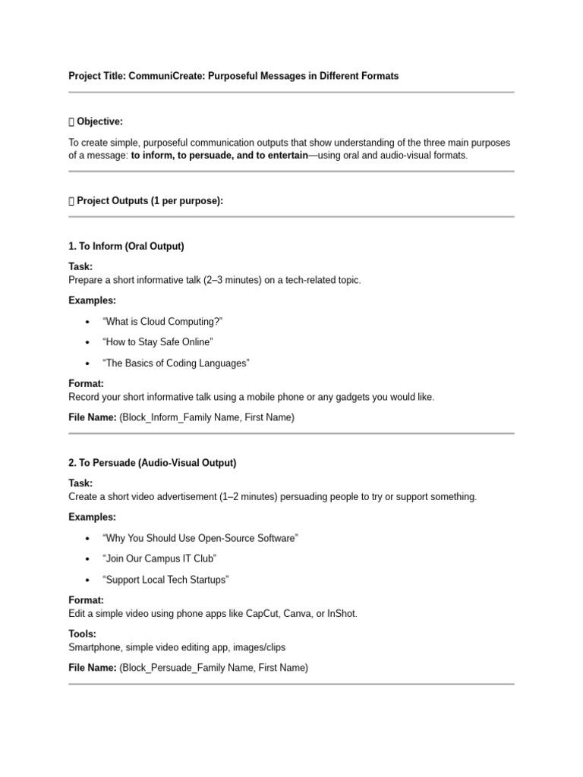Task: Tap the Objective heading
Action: [99, 121]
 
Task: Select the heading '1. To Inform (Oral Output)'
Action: [126, 247]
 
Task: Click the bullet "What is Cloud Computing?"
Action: [162, 322]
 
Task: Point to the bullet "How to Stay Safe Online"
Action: [157, 342]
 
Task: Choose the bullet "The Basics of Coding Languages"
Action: [175, 363]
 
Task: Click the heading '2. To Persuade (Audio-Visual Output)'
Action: [152, 463]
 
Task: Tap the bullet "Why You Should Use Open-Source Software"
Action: [200, 538]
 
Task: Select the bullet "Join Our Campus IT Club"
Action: [159, 558]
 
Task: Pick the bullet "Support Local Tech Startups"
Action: [165, 580]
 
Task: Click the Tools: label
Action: [82, 634]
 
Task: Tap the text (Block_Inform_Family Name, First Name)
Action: [206, 417]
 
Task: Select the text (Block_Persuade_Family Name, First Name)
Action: [213, 668]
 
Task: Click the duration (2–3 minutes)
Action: [235, 280]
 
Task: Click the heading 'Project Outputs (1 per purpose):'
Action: [150, 201]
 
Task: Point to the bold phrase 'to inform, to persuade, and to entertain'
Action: [219, 156]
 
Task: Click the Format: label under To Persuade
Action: [86, 599]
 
